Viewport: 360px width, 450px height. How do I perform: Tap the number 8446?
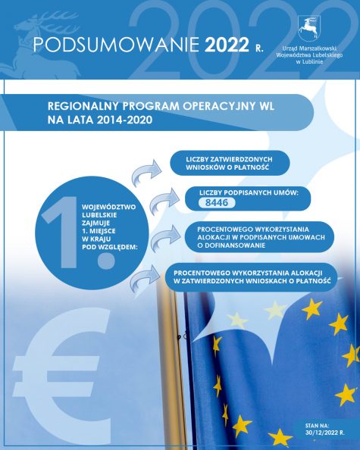click(x=218, y=202)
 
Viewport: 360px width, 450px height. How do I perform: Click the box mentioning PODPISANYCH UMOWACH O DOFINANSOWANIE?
click(x=252, y=235)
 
